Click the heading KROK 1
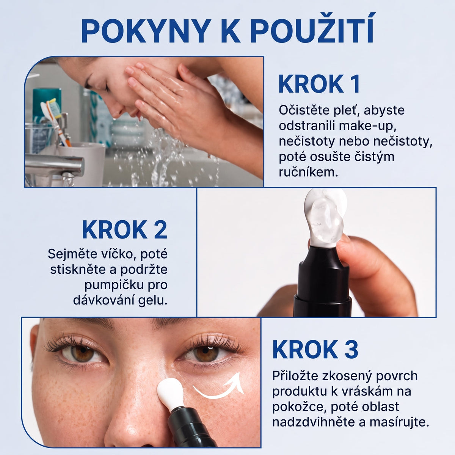pos(319,84)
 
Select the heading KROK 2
pos(124,230)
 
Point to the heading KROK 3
pos(315,350)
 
